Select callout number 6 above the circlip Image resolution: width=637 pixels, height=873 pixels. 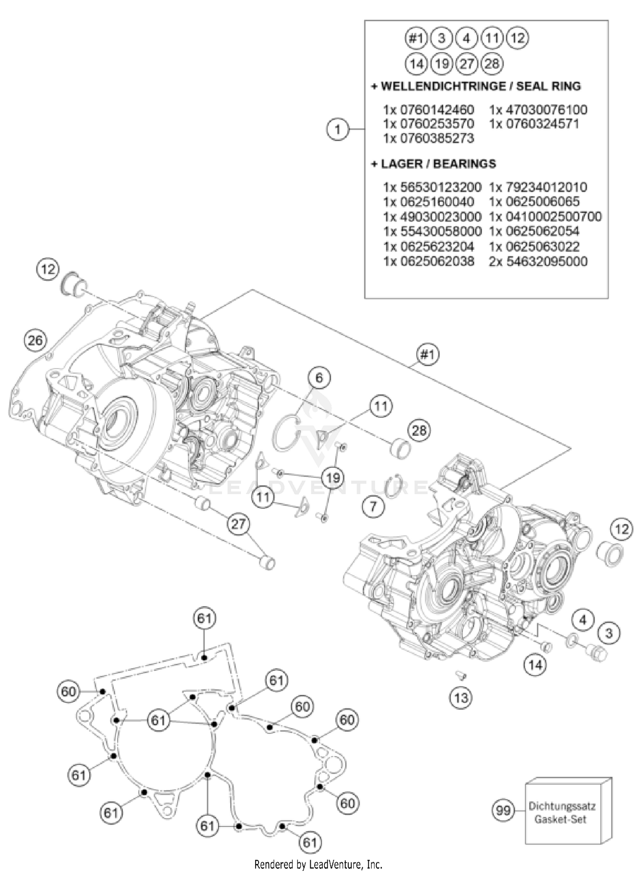(x=319, y=378)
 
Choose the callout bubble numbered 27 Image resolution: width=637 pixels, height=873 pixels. (x=238, y=524)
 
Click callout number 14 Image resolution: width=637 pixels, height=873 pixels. (x=535, y=664)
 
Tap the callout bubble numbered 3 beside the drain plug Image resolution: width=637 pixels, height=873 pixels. (x=609, y=633)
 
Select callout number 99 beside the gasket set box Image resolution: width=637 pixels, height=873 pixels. (x=503, y=811)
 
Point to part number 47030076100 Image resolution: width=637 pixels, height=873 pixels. (x=545, y=110)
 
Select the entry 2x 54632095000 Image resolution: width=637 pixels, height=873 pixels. (x=538, y=261)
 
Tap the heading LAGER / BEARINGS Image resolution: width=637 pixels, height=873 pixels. (x=438, y=164)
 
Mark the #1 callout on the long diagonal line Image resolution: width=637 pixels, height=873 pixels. (x=427, y=354)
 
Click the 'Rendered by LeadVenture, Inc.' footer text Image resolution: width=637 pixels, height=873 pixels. (x=318, y=864)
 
